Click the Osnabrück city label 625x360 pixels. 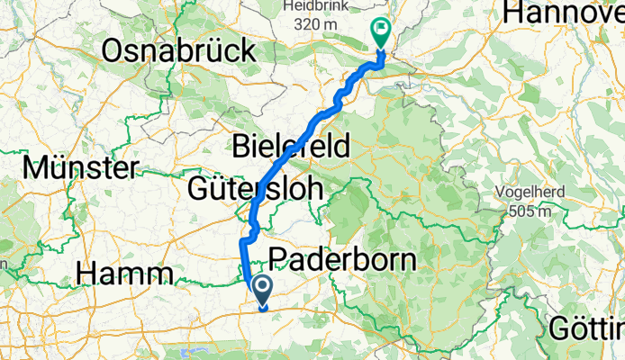click(178, 52)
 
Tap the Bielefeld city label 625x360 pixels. click(291, 143)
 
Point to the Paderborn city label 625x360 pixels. click(343, 260)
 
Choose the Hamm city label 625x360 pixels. click(126, 272)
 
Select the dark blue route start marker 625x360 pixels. click(263, 290)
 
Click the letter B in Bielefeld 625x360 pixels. click(240, 143)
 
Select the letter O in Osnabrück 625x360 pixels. click(114, 52)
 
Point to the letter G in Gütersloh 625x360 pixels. click(199, 190)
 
